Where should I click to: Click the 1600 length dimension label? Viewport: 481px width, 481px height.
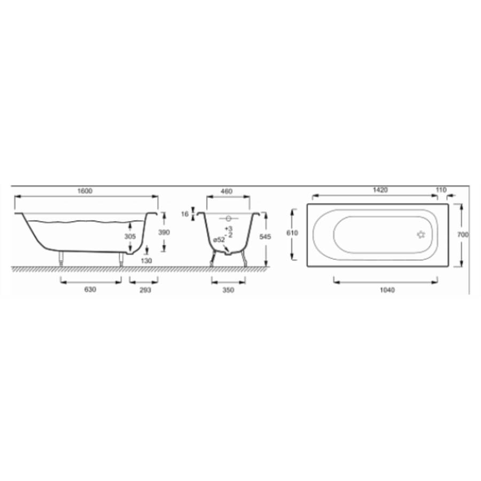point(84,191)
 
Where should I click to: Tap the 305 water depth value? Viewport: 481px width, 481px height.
point(130,237)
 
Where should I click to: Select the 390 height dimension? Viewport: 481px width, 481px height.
point(164,232)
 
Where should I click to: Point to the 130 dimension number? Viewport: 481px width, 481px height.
point(146,261)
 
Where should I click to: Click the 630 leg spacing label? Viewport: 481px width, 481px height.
point(90,290)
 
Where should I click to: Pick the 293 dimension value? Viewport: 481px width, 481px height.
point(145,290)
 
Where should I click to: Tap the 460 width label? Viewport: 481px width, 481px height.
point(227,191)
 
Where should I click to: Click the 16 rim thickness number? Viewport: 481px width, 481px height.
point(185,214)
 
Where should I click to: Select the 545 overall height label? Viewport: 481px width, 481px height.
point(265,237)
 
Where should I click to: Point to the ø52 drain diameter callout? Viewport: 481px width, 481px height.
point(219,239)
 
